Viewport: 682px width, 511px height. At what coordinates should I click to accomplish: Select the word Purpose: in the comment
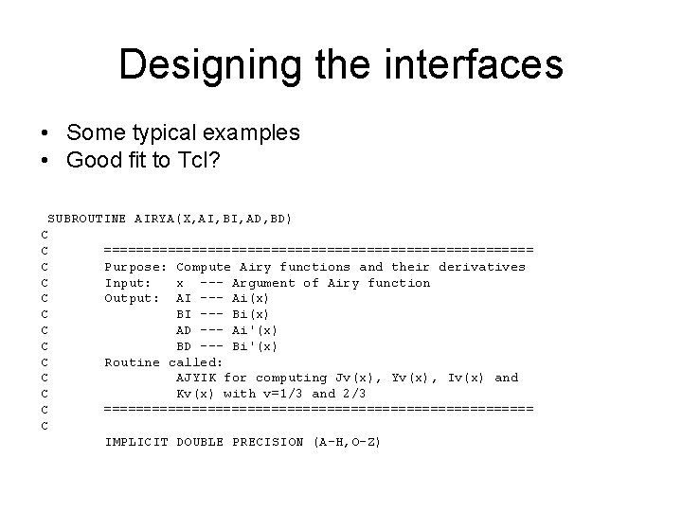pos(136,266)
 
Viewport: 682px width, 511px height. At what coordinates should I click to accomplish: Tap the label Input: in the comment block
pos(128,282)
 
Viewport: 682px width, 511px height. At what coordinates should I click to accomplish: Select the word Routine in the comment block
pos(132,361)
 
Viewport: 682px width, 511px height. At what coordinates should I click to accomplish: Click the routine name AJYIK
pos(197,378)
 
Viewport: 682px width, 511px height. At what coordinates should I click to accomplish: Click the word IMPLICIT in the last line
pos(136,442)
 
